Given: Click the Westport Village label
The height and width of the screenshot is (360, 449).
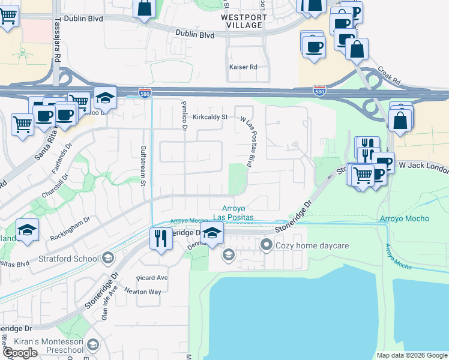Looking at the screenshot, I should click(x=243, y=21).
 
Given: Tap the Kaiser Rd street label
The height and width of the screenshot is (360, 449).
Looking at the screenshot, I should click(x=243, y=67).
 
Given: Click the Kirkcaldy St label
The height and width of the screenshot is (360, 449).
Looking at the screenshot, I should click(x=211, y=117).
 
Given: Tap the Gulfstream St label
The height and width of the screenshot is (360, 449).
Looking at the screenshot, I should click(x=143, y=166).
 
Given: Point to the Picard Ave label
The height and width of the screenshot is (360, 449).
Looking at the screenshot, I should click(x=152, y=278).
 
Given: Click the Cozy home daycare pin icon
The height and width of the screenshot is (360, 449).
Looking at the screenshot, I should click(x=266, y=245).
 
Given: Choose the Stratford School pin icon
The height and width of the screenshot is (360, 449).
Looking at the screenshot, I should click(x=107, y=259).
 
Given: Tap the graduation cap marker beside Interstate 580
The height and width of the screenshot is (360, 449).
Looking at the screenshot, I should click(x=105, y=97).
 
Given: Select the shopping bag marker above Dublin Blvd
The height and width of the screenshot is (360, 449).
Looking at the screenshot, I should click(x=145, y=8).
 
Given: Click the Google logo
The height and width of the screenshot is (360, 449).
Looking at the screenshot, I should click(x=20, y=353).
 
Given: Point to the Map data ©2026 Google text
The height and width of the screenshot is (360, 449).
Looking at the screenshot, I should click(x=411, y=355).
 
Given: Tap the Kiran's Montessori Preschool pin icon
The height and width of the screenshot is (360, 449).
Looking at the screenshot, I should click(x=92, y=345).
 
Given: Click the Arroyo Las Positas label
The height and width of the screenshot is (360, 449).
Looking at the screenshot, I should click(x=234, y=212).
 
